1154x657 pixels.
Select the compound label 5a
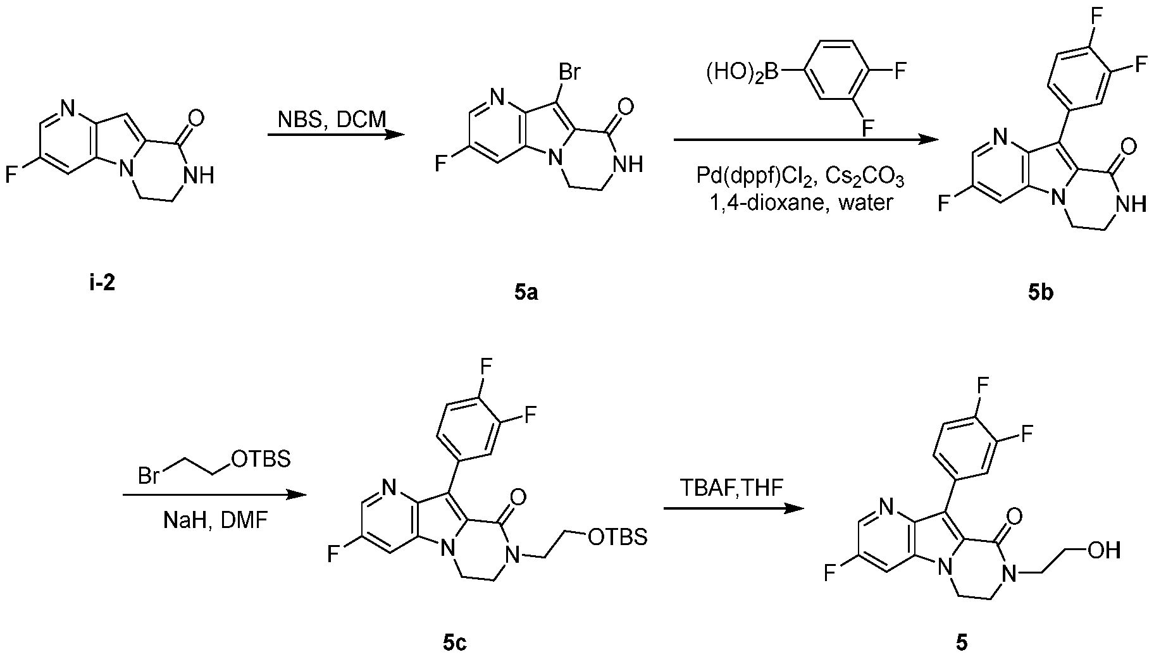point(526,292)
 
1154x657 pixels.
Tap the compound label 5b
point(1041,293)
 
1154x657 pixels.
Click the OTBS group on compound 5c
point(617,537)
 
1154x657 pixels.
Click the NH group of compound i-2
point(199,175)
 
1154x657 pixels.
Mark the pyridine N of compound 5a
point(495,97)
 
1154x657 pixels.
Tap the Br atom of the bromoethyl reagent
point(149,476)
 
